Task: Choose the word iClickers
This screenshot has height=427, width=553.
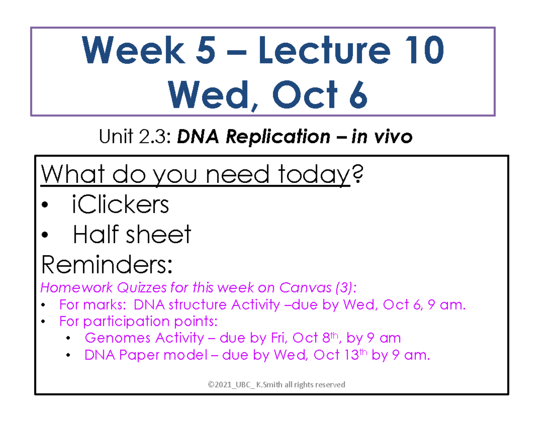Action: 121,205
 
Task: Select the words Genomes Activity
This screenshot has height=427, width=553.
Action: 144,338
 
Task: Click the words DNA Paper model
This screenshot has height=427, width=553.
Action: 144,355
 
